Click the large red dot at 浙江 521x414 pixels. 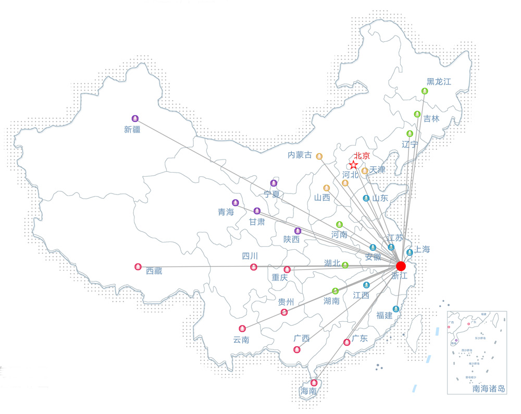pos(401,266)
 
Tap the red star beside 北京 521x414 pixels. pos(354,165)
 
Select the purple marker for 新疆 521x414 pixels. pos(135,118)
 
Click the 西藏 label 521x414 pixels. pos(154,271)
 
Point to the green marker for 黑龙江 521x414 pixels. pos(425,91)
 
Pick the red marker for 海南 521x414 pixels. pos(314,383)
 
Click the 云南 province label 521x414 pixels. pos(241,340)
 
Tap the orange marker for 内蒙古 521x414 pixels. pos(319,156)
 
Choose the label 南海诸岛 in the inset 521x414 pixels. pos(489,388)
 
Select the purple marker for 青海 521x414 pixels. pos(235,202)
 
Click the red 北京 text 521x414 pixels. pos(362,155)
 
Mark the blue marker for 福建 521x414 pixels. pos(396,309)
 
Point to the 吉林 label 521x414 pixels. pos(431,118)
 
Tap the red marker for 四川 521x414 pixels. pos(254,267)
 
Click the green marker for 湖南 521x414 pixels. pos(336,291)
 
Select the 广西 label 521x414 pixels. pos(302,338)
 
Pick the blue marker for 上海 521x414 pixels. pos(410,252)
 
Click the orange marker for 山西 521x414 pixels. pos(327,188)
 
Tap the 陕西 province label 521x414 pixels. pos(292,239)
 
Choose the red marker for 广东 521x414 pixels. pos(347,342)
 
